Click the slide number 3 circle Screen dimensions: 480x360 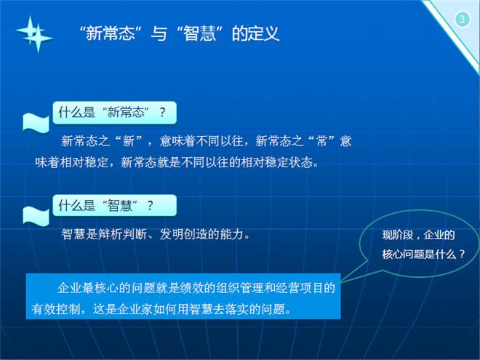point(462,20)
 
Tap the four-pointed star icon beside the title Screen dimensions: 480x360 point(34,34)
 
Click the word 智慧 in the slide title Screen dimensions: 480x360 point(199,33)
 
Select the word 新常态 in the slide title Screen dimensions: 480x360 point(111,33)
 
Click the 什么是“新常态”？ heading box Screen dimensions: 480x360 point(114,113)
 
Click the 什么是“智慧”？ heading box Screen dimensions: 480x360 point(114,205)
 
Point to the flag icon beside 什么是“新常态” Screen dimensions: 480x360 point(36,123)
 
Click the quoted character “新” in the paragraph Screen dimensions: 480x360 point(129,141)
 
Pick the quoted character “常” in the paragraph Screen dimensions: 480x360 point(321,141)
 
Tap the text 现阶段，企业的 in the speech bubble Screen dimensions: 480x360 point(418,235)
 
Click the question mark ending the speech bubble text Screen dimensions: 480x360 point(462,254)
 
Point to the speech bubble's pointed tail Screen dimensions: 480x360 point(340,283)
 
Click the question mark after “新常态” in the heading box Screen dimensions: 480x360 point(162,113)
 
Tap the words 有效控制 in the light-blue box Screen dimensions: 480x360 point(56,309)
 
